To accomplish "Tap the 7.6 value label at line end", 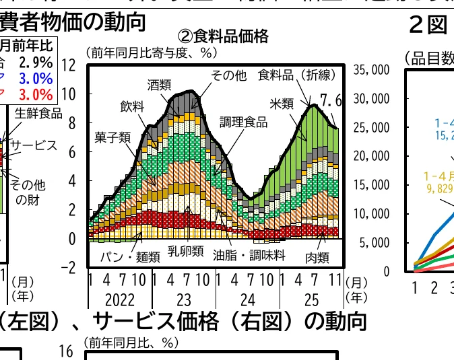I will click(331, 101).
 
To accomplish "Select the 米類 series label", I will click(281, 104).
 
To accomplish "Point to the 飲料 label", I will click(132, 106).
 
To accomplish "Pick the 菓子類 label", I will click(112, 137).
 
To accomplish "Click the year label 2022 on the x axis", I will click(120, 299).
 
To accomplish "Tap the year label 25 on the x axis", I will click(311, 299).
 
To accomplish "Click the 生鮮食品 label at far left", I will click(38, 113).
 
